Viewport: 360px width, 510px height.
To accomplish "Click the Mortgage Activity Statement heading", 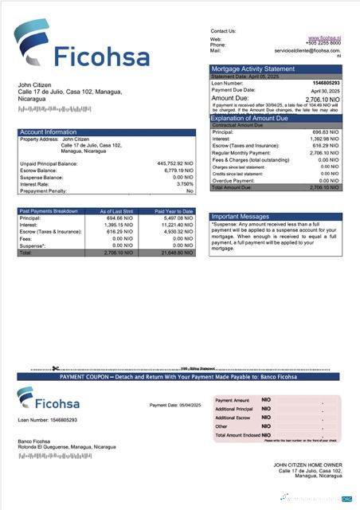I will [x=254, y=69].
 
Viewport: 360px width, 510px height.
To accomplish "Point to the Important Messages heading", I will [x=241, y=217].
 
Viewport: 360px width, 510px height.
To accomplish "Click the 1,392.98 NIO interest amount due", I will [x=323, y=139].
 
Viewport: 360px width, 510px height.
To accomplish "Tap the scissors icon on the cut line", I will [x=55, y=369].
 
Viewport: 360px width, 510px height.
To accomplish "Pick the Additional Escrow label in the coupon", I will [x=233, y=418].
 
